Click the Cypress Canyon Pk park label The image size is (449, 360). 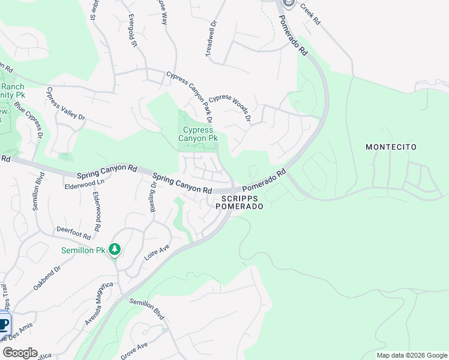point(197,134)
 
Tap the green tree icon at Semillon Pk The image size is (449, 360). point(114,250)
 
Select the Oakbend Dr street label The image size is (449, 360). point(47,278)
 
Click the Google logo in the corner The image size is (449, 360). point(20,352)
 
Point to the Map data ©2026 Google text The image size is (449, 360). point(411,355)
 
